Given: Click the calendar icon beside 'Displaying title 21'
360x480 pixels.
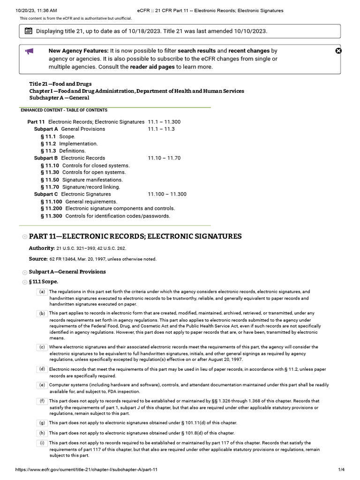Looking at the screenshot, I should pyautogui.click(x=29, y=31).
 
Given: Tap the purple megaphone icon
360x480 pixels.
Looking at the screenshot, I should pyautogui.click(x=29, y=51).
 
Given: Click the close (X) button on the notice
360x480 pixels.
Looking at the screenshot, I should pyautogui.click(x=339, y=51).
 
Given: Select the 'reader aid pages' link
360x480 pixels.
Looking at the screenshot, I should pyautogui.click(x=152, y=67).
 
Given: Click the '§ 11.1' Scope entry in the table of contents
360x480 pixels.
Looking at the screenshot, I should pyautogui.click(x=48, y=136).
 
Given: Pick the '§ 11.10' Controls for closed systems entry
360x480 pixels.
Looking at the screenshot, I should pyautogui.click(x=50, y=165).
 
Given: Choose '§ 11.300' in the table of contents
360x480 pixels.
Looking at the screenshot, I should pyautogui.click(x=51, y=216).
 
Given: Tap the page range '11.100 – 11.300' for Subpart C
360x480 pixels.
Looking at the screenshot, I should pyautogui.click(x=167, y=194).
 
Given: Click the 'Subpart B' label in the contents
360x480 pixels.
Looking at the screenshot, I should pyautogui.click(x=46, y=158).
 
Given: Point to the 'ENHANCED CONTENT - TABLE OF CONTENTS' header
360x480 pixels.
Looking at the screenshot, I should pyautogui.click(x=64, y=110).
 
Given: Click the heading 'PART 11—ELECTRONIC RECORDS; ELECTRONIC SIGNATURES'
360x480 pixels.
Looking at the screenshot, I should pyautogui.click(x=135, y=236).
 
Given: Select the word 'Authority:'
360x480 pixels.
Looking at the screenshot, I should pyautogui.click(x=42, y=248).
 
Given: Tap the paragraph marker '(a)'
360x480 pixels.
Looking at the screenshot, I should pyautogui.click(x=42, y=292).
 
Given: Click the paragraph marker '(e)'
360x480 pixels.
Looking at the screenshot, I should pyautogui.click(x=42, y=385).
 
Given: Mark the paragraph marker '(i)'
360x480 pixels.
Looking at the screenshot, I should pyautogui.click(x=42, y=443).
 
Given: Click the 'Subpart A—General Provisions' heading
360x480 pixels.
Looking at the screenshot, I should pyautogui.click(x=67, y=272).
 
